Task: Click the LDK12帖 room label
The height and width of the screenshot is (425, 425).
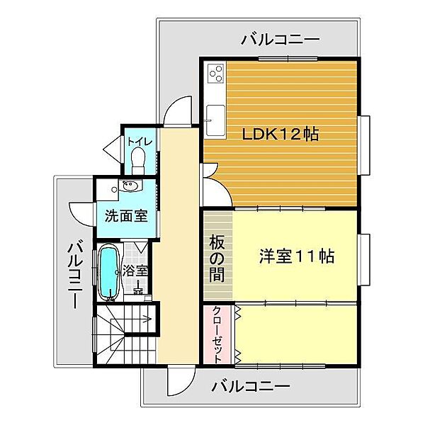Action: (x=280, y=134)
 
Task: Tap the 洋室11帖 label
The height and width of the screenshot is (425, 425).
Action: (x=297, y=256)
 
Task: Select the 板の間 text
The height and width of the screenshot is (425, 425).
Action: (x=217, y=259)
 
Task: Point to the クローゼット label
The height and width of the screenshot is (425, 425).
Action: (x=217, y=334)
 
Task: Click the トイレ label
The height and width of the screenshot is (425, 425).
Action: (x=140, y=142)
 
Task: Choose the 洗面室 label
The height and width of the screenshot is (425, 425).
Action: (x=126, y=216)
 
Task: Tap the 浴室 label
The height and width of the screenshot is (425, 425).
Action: (x=135, y=271)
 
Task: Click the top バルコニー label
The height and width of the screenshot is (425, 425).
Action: (x=280, y=40)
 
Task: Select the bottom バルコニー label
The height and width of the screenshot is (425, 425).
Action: (x=251, y=386)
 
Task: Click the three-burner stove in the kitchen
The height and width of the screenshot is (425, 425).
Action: (x=216, y=73)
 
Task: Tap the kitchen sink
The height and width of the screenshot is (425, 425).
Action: (x=216, y=120)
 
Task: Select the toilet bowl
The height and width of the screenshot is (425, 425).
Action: (x=138, y=161)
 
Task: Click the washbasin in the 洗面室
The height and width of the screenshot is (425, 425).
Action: (x=130, y=186)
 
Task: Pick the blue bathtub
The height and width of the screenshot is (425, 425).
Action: (x=108, y=271)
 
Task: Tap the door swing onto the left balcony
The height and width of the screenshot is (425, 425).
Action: (x=81, y=215)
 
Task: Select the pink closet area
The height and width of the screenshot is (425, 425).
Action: (x=217, y=334)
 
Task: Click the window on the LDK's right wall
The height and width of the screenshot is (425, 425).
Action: (x=364, y=145)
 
